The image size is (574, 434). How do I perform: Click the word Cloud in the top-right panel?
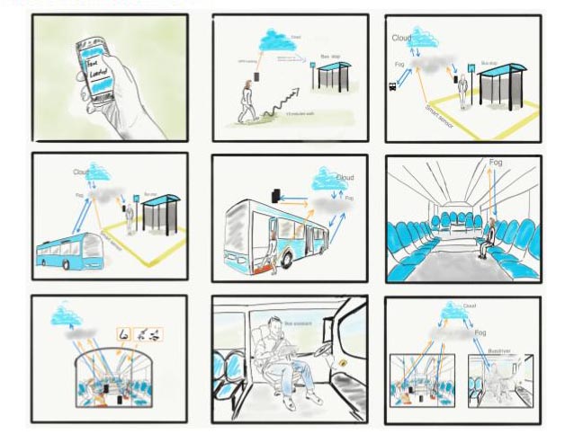tap(402, 39)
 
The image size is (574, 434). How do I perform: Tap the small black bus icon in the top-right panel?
tap(393, 87)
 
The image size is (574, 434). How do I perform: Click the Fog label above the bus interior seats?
tap(496, 164)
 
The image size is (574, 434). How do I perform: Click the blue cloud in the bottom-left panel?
tap(67, 315)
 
